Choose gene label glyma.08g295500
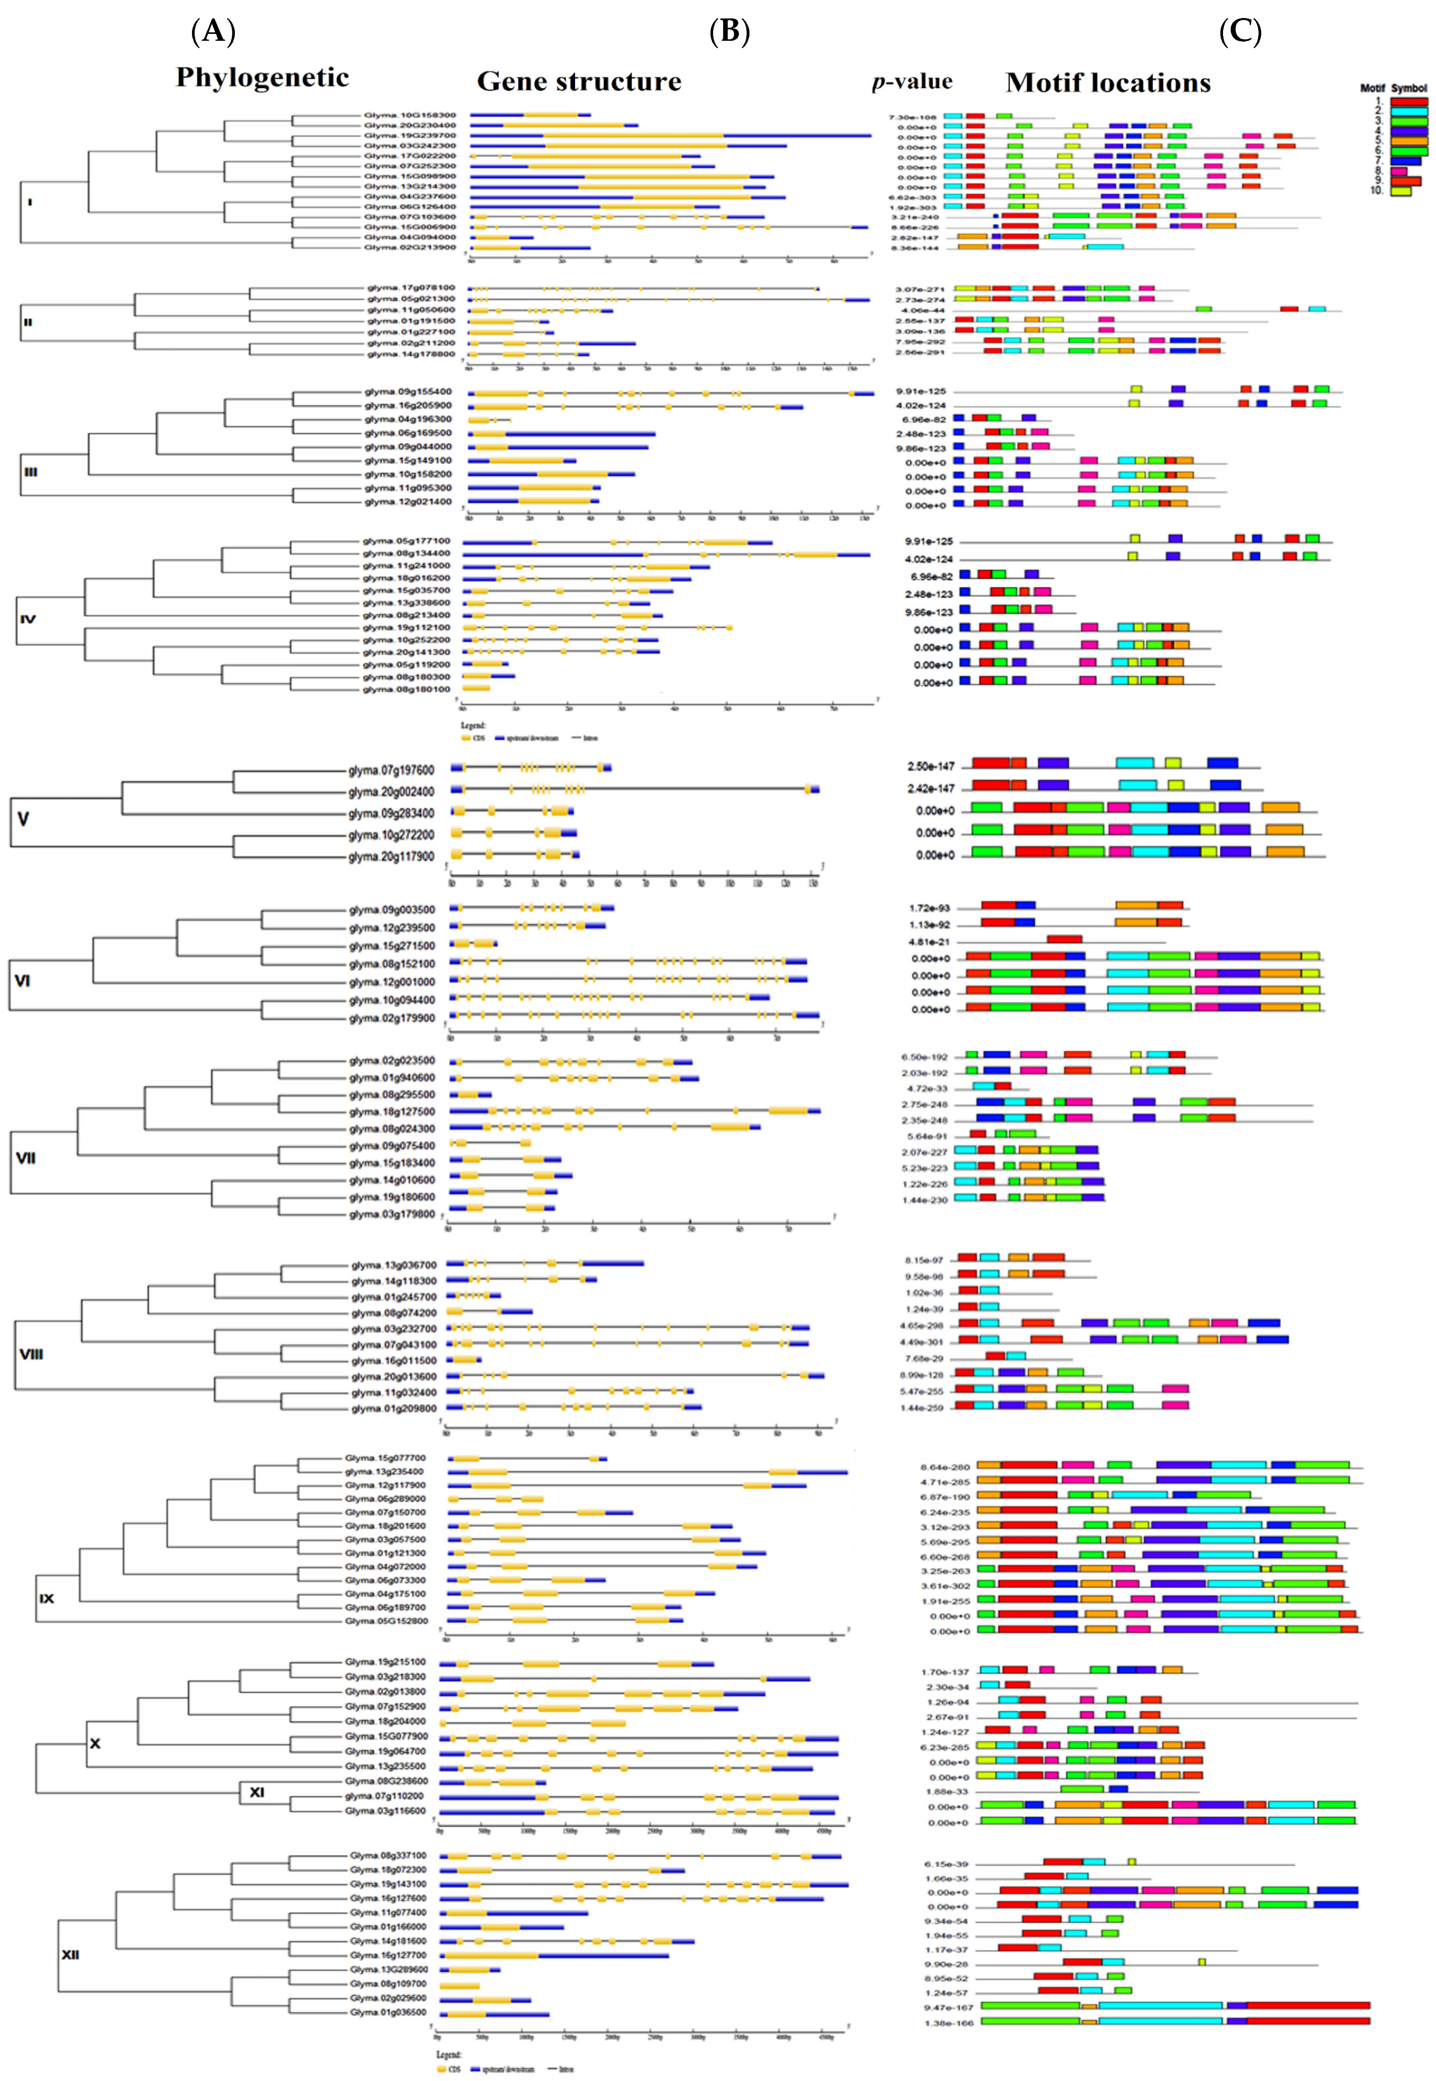point(391,1095)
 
